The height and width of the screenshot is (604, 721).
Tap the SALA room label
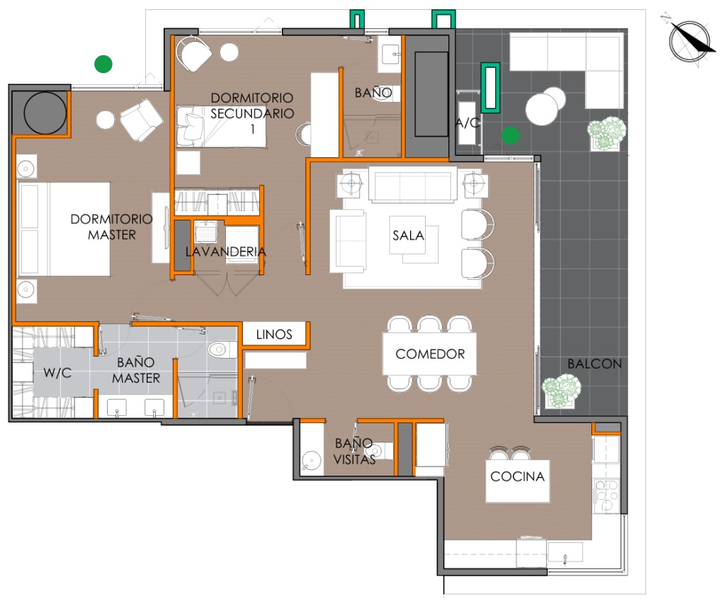pyautogui.click(x=408, y=235)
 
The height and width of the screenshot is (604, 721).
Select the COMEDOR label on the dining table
pyautogui.click(x=430, y=354)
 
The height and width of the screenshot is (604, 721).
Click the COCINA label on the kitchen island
pyautogui.click(x=517, y=476)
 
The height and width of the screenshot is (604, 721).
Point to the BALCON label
pyautogui.click(x=594, y=364)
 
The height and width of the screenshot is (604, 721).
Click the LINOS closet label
pyautogui.click(x=274, y=334)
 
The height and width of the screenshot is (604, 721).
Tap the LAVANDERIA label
pyautogui.click(x=226, y=252)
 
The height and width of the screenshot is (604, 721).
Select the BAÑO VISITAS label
pyautogui.click(x=354, y=451)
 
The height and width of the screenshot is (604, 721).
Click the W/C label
pyautogui.click(x=57, y=372)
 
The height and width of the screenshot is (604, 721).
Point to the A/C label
pyautogui.click(x=467, y=123)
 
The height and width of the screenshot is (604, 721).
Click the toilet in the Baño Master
pyautogui.click(x=222, y=349)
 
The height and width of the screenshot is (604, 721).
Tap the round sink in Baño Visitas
pyautogui.click(x=312, y=461)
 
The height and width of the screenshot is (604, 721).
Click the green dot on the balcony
pyautogui.click(x=511, y=135)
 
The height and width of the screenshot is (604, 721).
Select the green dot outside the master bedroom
pyautogui.click(x=103, y=64)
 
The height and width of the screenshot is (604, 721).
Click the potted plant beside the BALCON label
pyautogui.click(x=561, y=391)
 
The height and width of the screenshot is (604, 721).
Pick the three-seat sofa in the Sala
pyautogui.click(x=412, y=184)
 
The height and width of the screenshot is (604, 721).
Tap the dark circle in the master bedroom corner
pyautogui.click(x=45, y=113)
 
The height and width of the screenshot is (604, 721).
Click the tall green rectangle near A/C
pyautogui.click(x=490, y=87)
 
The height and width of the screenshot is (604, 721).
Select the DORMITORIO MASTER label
pyautogui.click(x=111, y=227)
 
